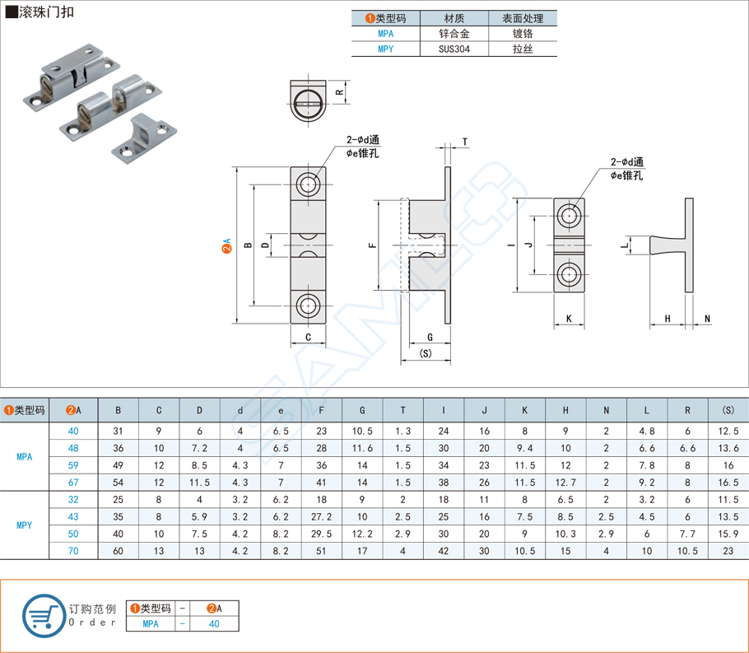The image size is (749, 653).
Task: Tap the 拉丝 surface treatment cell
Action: coord(523,49)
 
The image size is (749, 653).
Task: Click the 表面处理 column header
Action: coord(523,18)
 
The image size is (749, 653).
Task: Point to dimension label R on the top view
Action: coord(339,92)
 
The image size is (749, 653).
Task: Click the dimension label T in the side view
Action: coord(465,142)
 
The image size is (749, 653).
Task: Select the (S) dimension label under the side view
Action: coord(426,353)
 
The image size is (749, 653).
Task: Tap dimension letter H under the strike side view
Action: coord(668,318)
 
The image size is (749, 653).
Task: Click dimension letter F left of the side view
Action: coord(372,245)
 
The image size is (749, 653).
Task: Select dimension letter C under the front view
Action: coord(308,337)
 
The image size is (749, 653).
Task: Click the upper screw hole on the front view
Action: coord(309,184)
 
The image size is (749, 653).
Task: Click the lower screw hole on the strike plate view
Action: coord(569,274)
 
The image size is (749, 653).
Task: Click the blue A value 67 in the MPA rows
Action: coord(73,482)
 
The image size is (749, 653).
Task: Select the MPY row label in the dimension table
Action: coord(24,525)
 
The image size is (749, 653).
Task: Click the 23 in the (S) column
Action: coord(728,551)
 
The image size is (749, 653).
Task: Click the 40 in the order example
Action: coord(214,623)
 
